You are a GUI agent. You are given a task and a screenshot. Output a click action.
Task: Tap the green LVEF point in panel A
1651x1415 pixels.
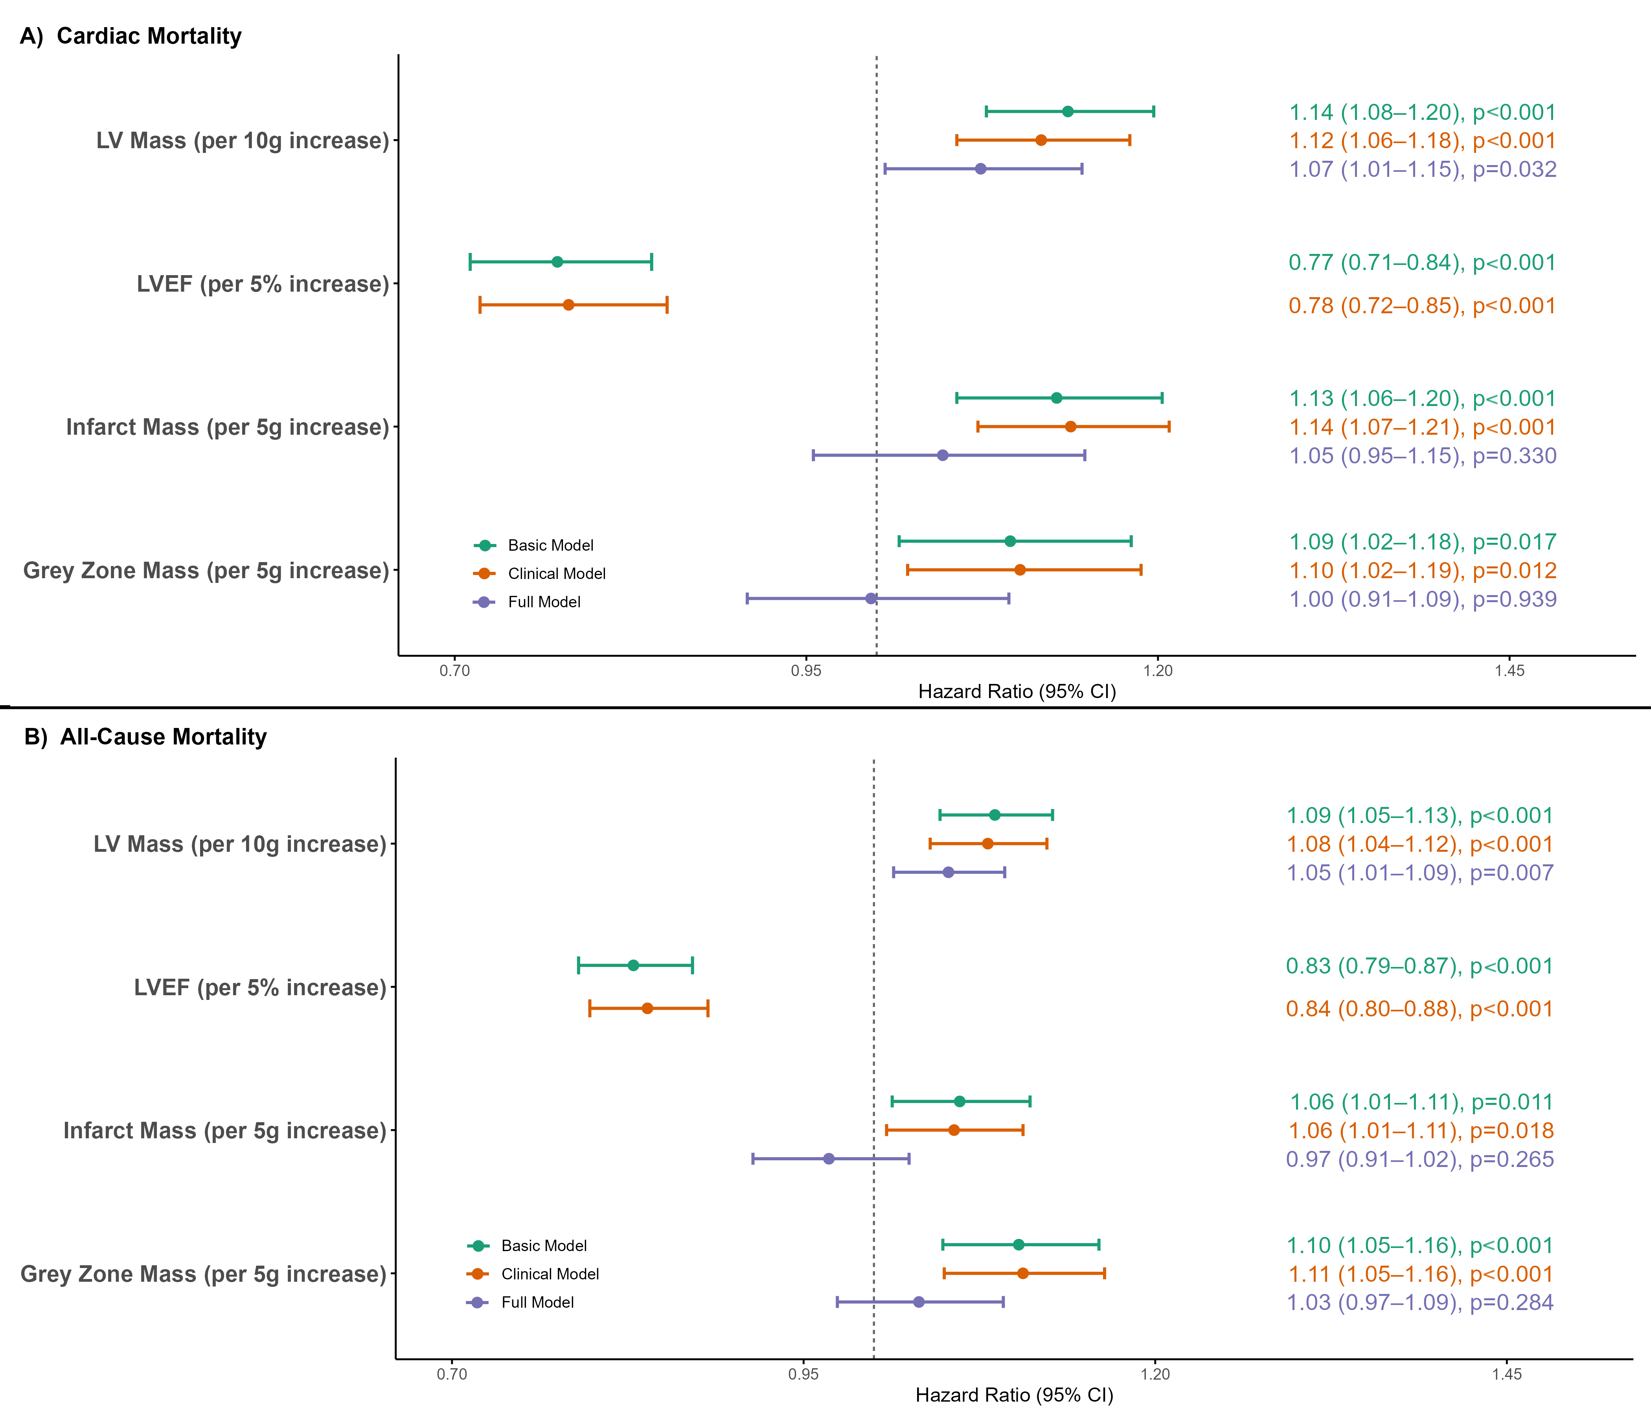557,262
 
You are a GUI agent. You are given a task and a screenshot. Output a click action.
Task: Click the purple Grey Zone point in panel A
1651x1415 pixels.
871,598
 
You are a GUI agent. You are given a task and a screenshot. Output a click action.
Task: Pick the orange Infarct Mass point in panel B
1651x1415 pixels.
954,1130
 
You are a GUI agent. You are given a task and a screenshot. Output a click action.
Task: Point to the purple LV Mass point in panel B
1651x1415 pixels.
948,873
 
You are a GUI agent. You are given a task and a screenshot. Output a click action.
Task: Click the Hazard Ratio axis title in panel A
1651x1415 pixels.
1017,691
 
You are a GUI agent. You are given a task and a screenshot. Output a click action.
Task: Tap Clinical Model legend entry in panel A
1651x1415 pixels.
556,573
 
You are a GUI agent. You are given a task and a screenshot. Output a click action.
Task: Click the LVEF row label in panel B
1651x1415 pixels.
260,988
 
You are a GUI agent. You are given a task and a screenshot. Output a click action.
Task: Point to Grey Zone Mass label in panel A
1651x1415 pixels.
206,571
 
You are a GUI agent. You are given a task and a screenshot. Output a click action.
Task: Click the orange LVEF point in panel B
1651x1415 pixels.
647,1009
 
